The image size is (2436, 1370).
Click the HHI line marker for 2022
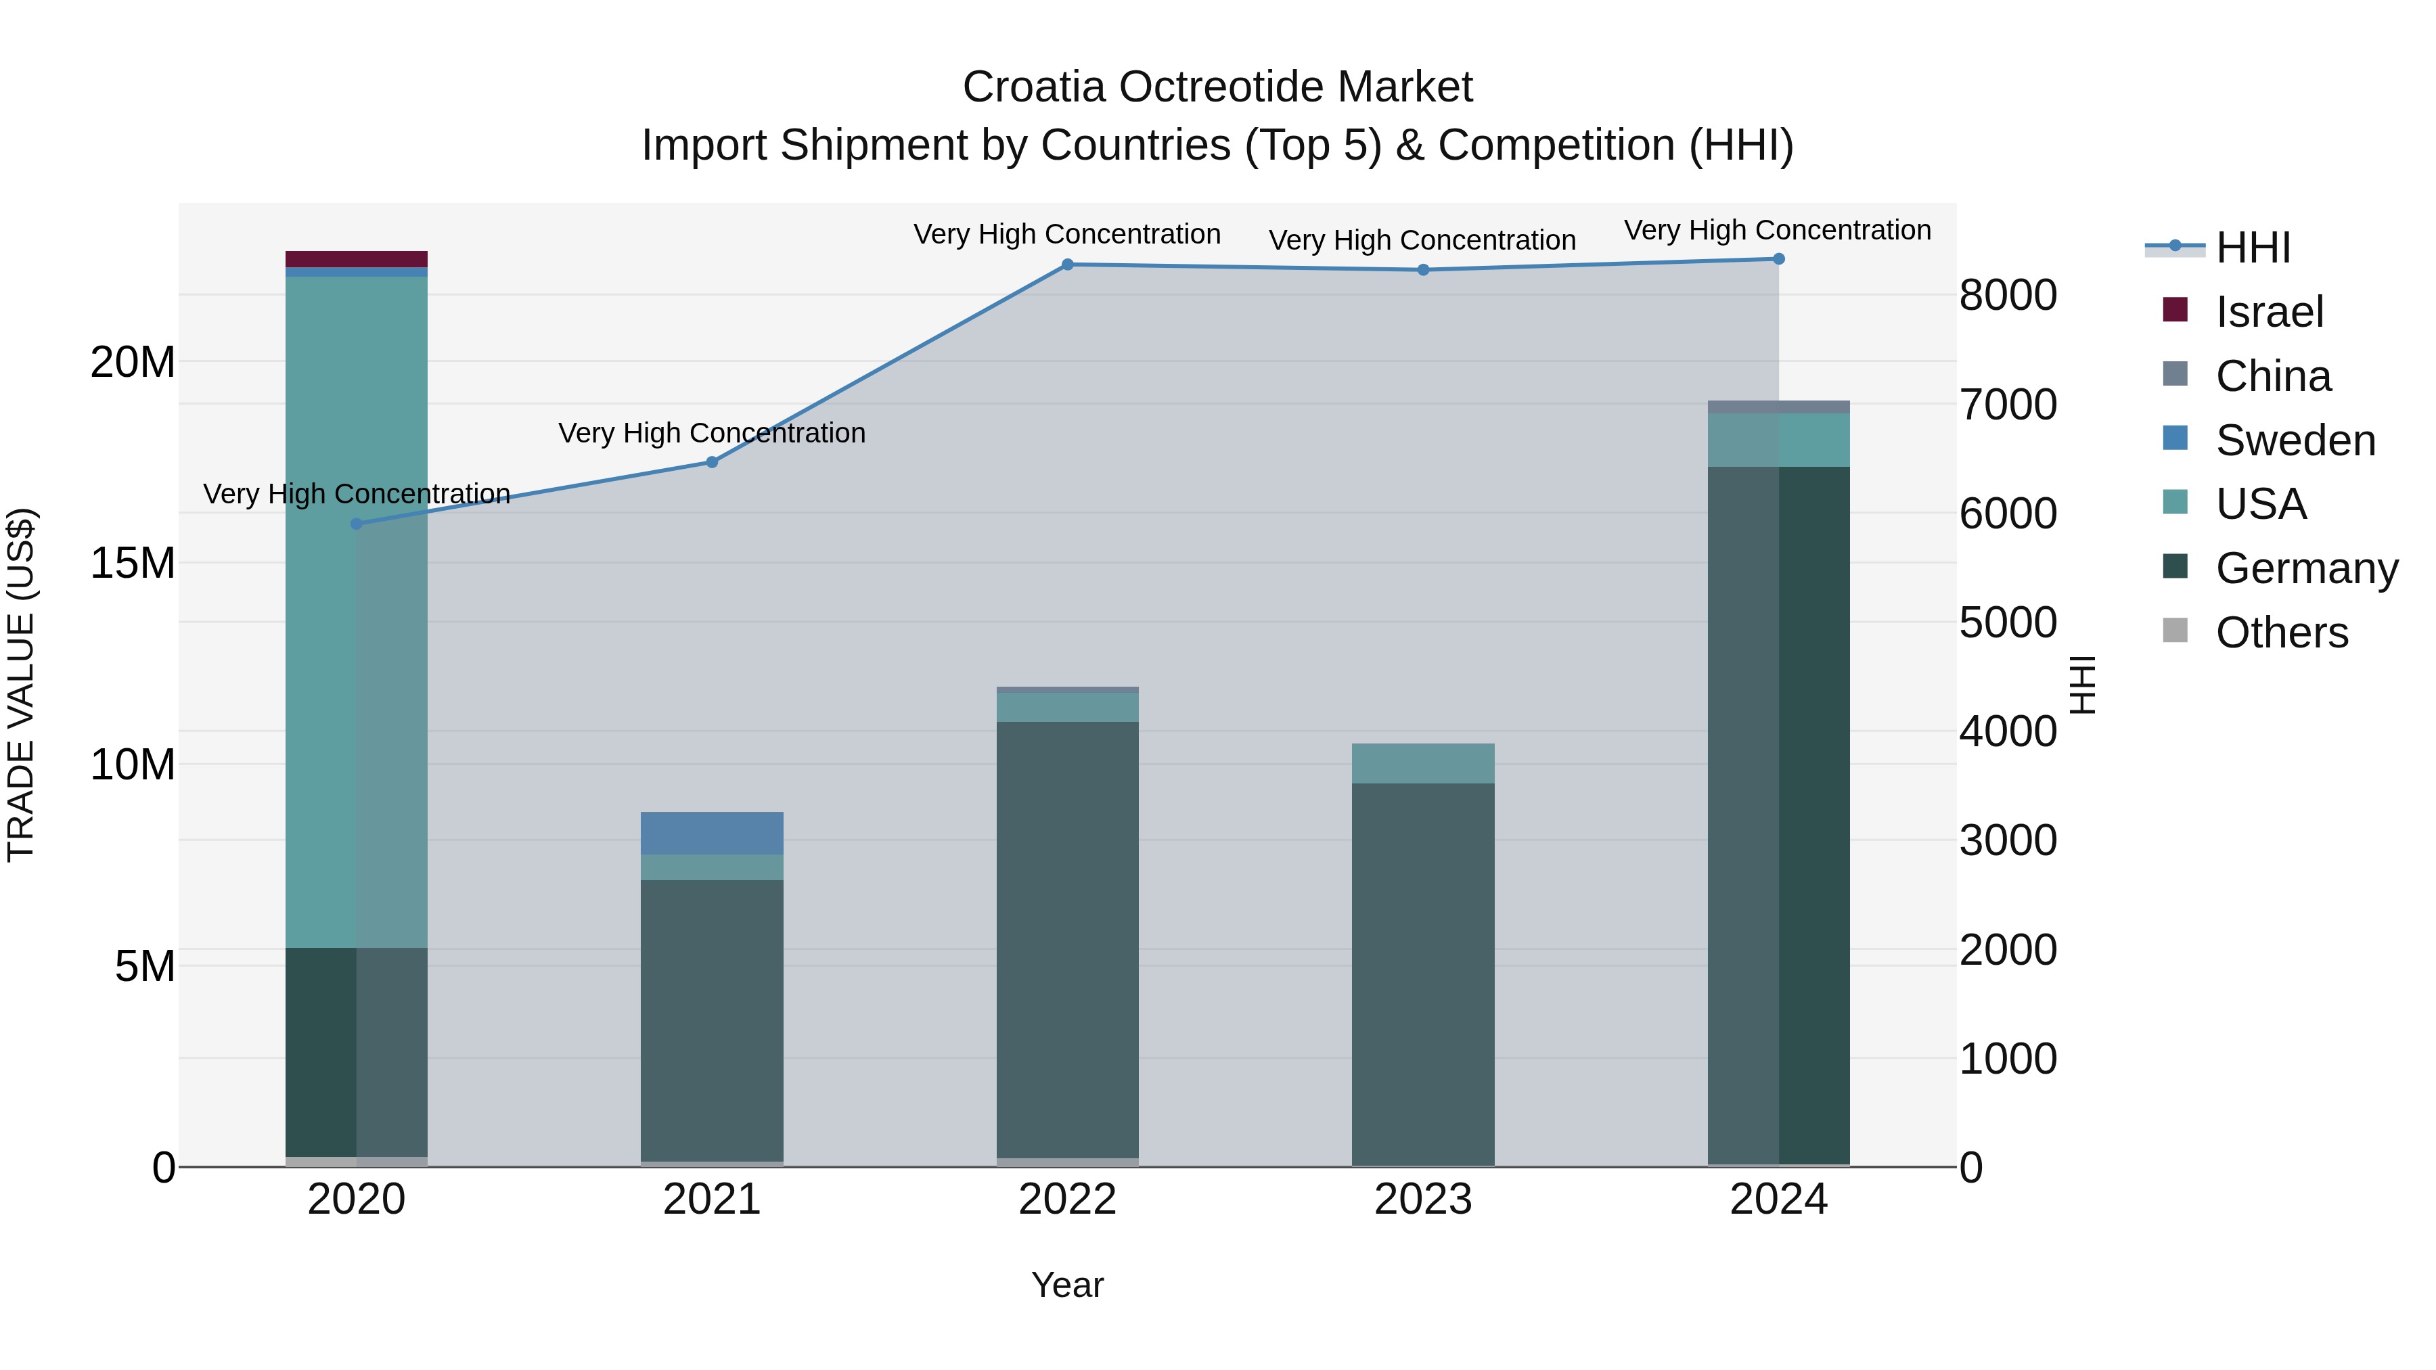click(x=1068, y=265)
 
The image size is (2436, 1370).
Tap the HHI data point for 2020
click(x=357, y=524)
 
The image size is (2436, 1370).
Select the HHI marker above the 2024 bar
click(x=1779, y=259)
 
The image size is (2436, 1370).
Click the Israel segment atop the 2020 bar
click(x=357, y=259)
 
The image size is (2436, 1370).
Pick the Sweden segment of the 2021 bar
click(x=712, y=833)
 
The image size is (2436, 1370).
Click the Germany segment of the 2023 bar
click(x=1423, y=974)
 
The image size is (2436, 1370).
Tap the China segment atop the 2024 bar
click(x=1779, y=407)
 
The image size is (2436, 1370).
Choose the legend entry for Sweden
click(x=2295, y=440)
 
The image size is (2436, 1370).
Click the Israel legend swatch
click(x=2175, y=310)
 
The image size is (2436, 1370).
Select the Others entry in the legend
click(x=2281, y=633)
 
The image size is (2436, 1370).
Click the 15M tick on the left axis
click(x=133, y=564)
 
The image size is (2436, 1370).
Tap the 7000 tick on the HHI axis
click(x=2008, y=405)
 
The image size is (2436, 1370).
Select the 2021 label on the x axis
click(x=712, y=1200)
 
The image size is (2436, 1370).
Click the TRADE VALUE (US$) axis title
click(x=22, y=685)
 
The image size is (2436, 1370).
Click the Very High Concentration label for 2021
click(x=712, y=433)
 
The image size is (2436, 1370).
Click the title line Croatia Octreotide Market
click(x=1217, y=87)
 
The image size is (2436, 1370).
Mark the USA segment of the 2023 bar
click(x=1423, y=763)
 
